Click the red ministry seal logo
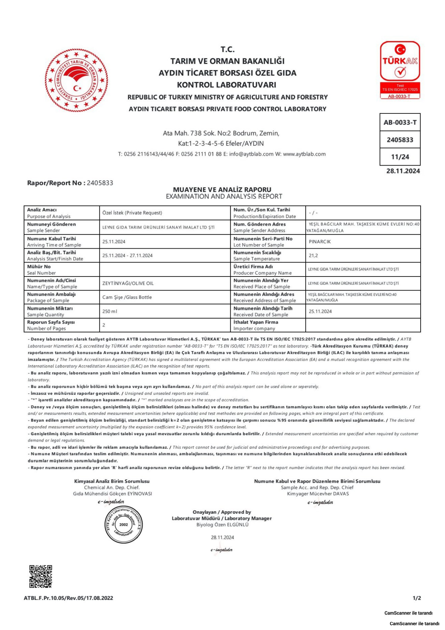coord(76,80)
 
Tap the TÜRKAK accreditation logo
coord(400,70)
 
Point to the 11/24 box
coord(400,157)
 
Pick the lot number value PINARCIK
coord(320,241)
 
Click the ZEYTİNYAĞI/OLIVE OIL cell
coord(128,283)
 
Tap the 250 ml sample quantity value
coord(110,311)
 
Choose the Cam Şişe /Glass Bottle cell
coord(127,297)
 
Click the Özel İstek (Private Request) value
coord(132,213)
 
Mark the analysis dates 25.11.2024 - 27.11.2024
coord(127,256)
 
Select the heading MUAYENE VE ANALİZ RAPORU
coord(222,189)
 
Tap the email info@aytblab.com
coord(251,154)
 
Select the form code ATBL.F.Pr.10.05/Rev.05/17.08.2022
coord(68,603)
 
